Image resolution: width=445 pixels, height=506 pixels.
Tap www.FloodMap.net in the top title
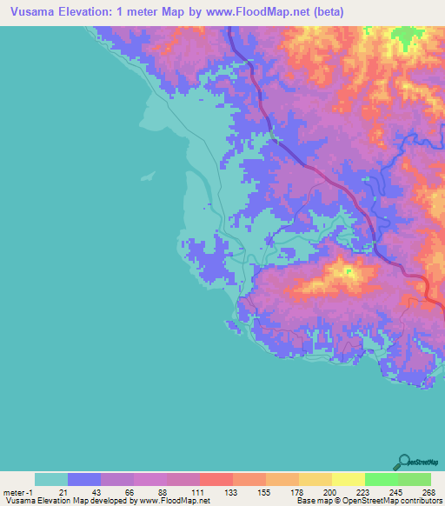(254, 11)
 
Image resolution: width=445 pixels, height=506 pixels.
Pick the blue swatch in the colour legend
(83, 479)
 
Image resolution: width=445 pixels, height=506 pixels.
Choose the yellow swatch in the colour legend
(348, 479)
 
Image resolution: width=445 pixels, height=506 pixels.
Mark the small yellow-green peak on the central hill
(349, 276)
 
